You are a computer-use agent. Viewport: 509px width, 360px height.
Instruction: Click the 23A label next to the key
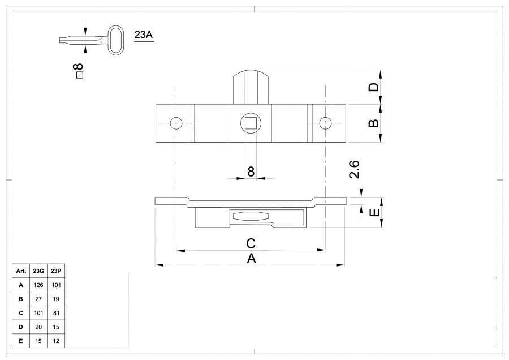pos(144,35)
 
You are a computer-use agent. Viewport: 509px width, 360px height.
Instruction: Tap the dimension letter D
pos(373,87)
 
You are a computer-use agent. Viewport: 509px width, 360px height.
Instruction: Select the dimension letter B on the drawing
pos(373,123)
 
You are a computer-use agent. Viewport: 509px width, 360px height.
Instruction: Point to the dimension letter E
pos(373,213)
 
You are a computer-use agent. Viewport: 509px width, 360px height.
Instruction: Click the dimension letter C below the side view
pos(251,243)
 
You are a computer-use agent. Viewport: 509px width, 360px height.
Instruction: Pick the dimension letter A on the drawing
pos(251,259)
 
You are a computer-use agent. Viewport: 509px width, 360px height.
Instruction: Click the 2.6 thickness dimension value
pos(354,170)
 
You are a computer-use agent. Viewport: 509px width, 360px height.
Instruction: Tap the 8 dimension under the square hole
pos(251,172)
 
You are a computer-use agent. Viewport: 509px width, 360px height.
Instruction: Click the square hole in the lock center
pos(250,123)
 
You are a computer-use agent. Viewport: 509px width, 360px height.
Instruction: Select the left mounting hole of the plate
pos(176,123)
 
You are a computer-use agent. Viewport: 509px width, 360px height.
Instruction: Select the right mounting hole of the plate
pos(325,123)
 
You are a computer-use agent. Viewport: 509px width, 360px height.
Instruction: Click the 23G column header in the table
pos(39,271)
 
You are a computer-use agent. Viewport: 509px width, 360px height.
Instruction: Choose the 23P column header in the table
pos(56,271)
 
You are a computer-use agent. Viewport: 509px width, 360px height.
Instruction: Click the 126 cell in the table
pos(39,285)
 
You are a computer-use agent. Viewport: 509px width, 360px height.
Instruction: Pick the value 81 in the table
pos(56,312)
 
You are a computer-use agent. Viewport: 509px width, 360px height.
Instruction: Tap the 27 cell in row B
pos(39,299)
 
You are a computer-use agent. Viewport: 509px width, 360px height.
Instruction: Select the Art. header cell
pos(21,271)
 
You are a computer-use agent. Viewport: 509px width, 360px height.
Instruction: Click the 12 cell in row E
pos(56,341)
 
